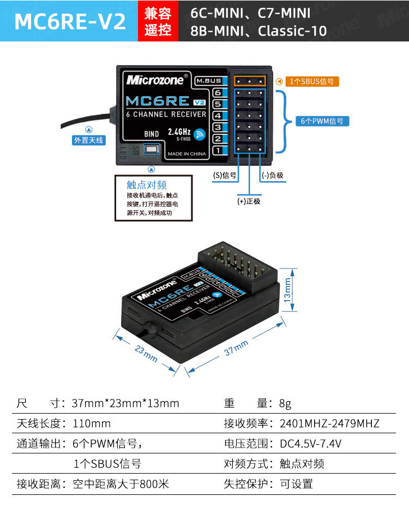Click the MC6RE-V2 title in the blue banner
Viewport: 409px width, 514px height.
click(70, 21)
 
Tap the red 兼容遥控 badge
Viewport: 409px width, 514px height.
click(158, 21)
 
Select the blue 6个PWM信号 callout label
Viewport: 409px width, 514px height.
click(322, 121)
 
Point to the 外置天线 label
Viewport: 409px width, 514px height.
click(88, 140)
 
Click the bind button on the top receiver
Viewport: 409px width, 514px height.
click(151, 150)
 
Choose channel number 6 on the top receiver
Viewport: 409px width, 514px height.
click(217, 93)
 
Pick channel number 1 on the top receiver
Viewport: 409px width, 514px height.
click(217, 150)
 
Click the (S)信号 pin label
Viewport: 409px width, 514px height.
click(224, 175)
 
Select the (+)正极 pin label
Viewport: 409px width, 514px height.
click(249, 201)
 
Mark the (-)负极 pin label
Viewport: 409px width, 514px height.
click(273, 175)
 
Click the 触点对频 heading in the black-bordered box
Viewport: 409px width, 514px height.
click(147, 185)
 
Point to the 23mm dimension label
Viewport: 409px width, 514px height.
click(146, 354)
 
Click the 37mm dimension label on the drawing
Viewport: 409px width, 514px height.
click(236, 348)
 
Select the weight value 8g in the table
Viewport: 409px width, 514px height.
click(285, 404)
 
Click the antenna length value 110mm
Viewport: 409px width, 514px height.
click(92, 423)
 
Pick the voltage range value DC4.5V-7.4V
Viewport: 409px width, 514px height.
click(311, 444)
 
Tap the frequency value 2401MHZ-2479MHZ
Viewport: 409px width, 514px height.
click(329, 423)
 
